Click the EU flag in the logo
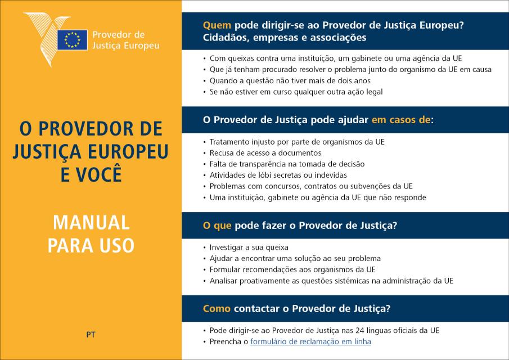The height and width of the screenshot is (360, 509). click(72, 39)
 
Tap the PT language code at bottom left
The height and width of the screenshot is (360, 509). click(91, 334)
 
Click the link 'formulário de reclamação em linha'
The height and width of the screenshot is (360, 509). click(310, 341)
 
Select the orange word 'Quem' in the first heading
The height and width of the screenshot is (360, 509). click(217, 25)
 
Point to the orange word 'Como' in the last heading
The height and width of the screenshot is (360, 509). click(217, 308)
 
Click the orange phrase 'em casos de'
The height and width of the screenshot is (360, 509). click(401, 119)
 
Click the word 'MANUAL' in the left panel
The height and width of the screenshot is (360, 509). click(91, 223)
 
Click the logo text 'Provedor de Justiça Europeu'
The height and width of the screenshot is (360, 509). click(125, 39)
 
